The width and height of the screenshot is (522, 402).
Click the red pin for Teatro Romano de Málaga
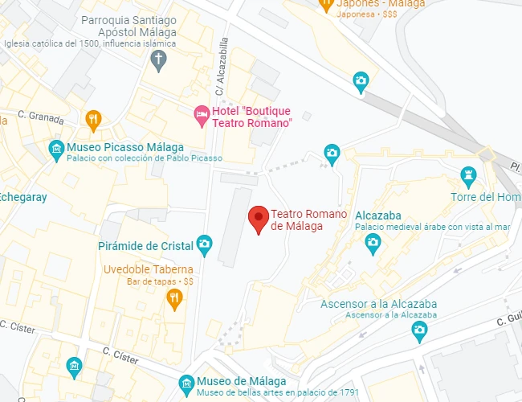point(258,218)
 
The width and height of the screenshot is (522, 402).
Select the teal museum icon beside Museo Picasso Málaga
point(55,149)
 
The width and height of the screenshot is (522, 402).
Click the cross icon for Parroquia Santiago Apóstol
point(160,58)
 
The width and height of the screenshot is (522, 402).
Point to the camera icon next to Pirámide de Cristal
point(205,243)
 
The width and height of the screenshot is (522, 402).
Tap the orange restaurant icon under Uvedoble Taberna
point(174,299)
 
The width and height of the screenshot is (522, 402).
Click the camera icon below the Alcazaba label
point(372,244)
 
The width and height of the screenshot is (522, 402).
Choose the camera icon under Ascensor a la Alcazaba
point(418,329)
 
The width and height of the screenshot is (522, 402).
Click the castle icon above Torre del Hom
point(468,174)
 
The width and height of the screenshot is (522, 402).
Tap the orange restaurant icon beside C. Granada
point(94,121)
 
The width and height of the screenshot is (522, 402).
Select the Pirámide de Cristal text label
point(145,245)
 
